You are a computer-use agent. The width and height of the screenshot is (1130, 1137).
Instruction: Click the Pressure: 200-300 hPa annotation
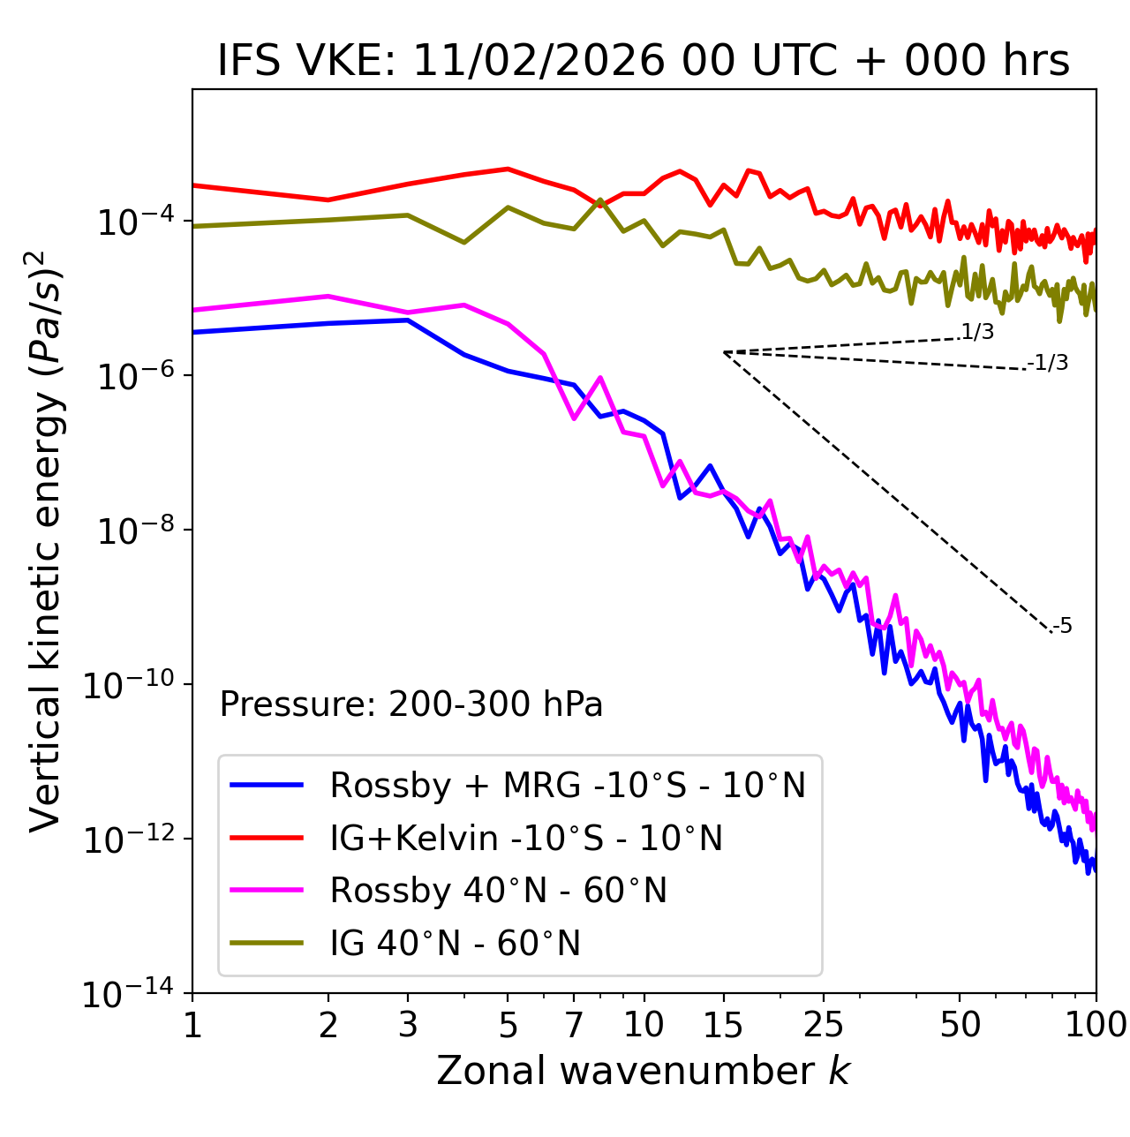[411, 704]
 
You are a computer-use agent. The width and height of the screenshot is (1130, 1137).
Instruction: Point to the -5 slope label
[1063, 627]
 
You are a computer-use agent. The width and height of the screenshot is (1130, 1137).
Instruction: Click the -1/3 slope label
[1049, 363]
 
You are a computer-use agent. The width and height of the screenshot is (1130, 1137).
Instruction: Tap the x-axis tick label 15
[723, 1025]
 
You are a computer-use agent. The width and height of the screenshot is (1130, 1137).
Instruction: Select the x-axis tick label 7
[574, 1025]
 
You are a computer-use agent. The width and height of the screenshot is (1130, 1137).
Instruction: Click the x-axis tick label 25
[824, 1025]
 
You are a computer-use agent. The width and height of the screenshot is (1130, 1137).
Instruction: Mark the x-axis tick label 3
[408, 1025]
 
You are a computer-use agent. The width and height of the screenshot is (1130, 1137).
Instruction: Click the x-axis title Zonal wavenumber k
[644, 1071]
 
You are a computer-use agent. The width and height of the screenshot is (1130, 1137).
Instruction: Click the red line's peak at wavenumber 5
[508, 169]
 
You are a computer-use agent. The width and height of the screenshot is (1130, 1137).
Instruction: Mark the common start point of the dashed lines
[724, 352]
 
